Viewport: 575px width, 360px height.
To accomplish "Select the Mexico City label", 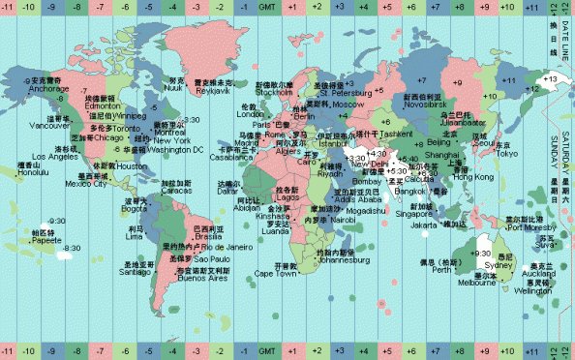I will (85, 184).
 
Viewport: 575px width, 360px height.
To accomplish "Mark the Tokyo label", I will (506, 153).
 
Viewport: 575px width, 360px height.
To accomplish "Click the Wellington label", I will (532, 289).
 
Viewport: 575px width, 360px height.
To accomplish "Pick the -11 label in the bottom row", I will (9, 349).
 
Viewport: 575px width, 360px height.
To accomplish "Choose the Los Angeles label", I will (53, 157).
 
